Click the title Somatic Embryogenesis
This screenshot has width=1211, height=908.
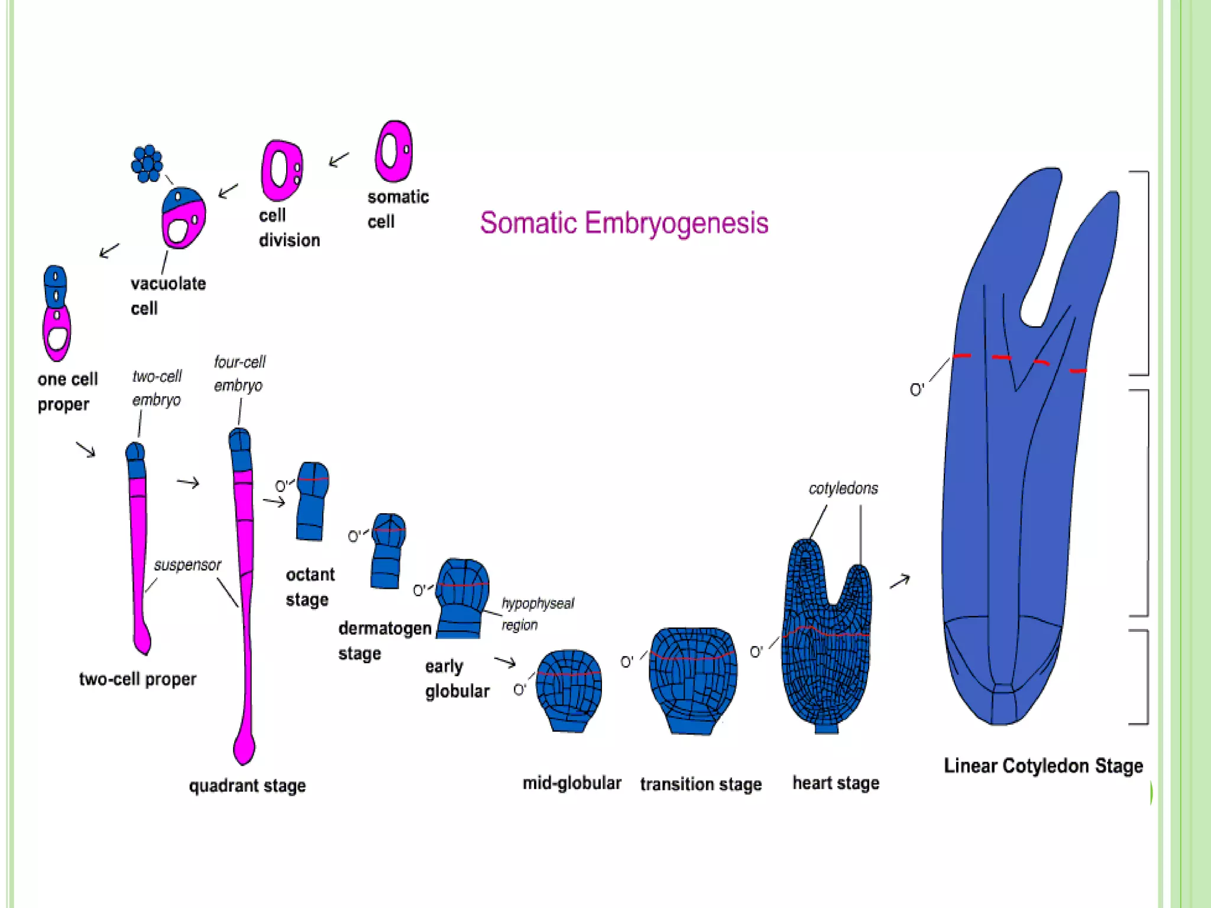click(x=624, y=223)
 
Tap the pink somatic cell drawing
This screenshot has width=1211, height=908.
click(x=394, y=151)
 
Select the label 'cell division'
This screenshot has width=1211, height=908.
click(x=289, y=228)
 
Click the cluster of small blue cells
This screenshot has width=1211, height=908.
click(x=147, y=163)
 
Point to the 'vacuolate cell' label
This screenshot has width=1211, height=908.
click(x=168, y=296)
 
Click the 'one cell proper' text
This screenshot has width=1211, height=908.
click(x=67, y=391)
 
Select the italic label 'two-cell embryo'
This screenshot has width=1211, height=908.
click(x=157, y=388)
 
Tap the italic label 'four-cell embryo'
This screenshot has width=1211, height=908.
click(x=239, y=373)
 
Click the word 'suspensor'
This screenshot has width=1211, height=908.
click(x=187, y=565)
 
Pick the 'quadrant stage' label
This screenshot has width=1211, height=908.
click(x=247, y=786)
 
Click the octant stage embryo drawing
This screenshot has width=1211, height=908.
click(x=312, y=501)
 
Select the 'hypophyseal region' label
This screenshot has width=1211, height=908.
click(x=537, y=614)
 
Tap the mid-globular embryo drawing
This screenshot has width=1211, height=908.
click(x=569, y=690)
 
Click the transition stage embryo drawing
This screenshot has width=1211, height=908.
click(x=693, y=680)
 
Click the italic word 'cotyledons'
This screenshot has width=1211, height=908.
click(x=843, y=488)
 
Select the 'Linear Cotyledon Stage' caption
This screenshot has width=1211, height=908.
click(x=1043, y=766)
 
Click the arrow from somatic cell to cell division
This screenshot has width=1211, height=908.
click(x=339, y=159)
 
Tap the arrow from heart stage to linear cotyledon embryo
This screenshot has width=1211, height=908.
click(x=900, y=581)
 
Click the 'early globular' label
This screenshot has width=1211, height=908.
click(x=457, y=679)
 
